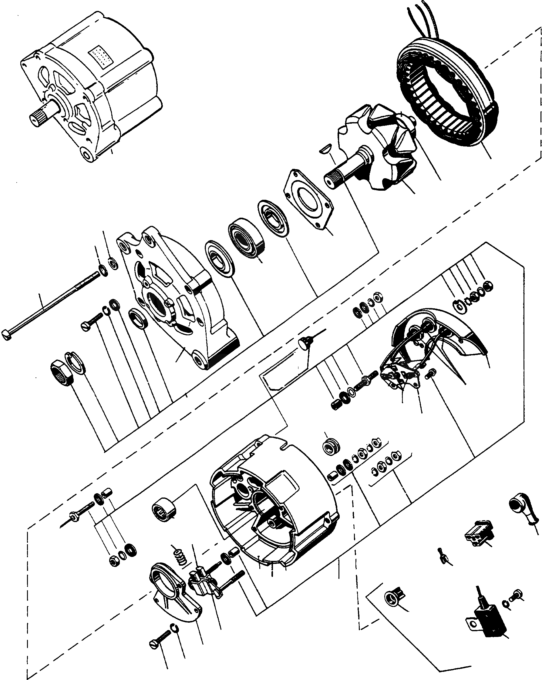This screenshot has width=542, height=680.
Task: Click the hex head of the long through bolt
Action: (7, 335)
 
